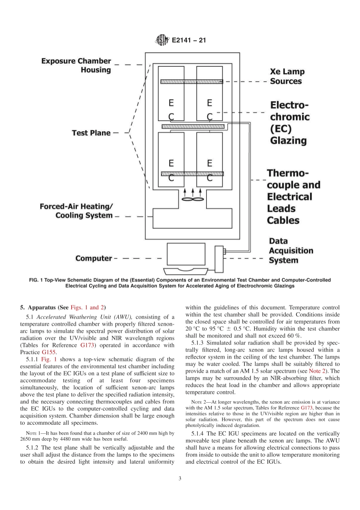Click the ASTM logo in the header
(162, 40)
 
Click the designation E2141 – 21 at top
(189, 40)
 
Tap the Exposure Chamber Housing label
(76, 65)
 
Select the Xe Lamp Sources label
(287, 76)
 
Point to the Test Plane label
(91, 133)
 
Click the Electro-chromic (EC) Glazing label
(290, 122)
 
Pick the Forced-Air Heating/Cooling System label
(77, 211)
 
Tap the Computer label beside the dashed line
(94, 258)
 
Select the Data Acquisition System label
(291, 251)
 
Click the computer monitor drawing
(186, 255)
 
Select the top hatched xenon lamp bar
(191, 82)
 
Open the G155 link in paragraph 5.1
(49, 352)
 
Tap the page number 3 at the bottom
(180, 478)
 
